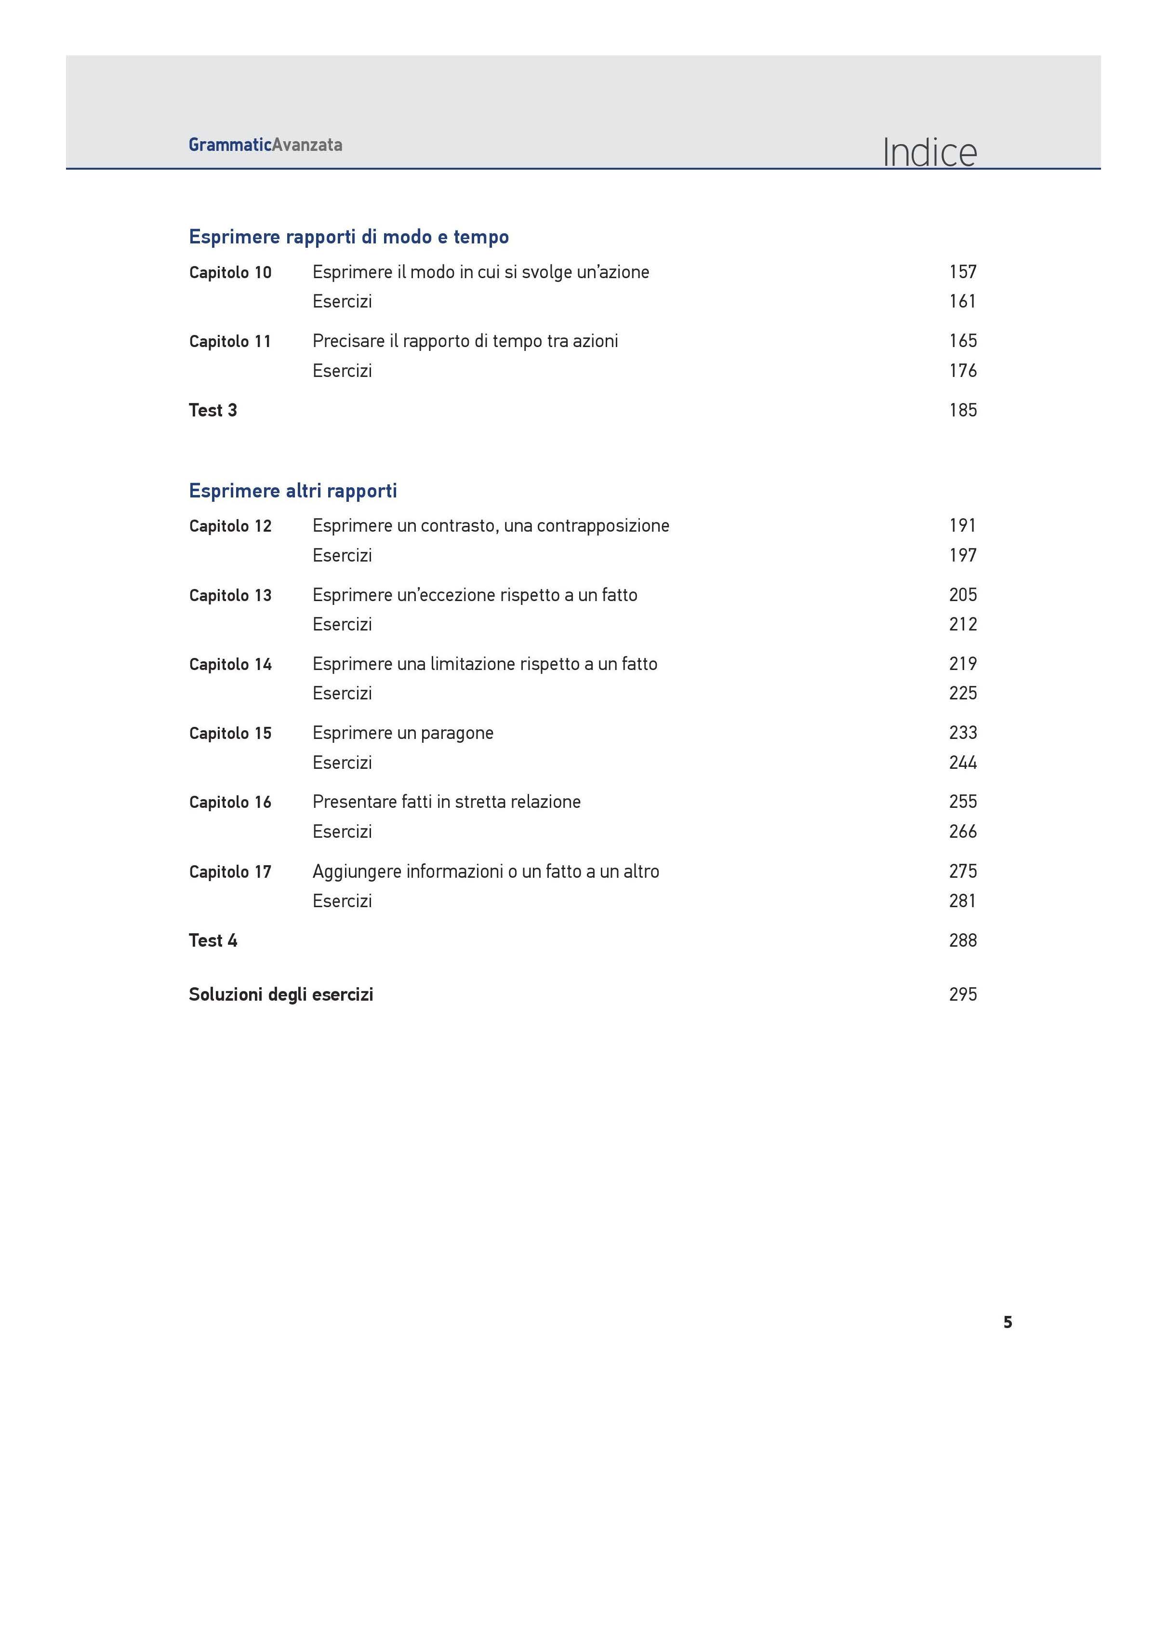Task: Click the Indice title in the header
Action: coord(929,152)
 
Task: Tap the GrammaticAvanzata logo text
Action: coord(265,145)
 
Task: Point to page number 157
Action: coord(962,271)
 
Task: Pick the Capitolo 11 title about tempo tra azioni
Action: coord(465,341)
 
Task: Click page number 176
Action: coord(962,370)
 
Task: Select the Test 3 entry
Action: coord(213,410)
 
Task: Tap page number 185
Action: coord(962,410)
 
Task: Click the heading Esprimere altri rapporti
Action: coord(292,491)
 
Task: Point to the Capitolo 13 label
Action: coord(230,595)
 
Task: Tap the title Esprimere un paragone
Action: coord(402,733)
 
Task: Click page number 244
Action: coord(962,763)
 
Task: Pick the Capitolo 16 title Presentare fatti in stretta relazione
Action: coord(447,802)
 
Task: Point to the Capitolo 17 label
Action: coord(230,871)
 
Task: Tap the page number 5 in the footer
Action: coord(1007,1322)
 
